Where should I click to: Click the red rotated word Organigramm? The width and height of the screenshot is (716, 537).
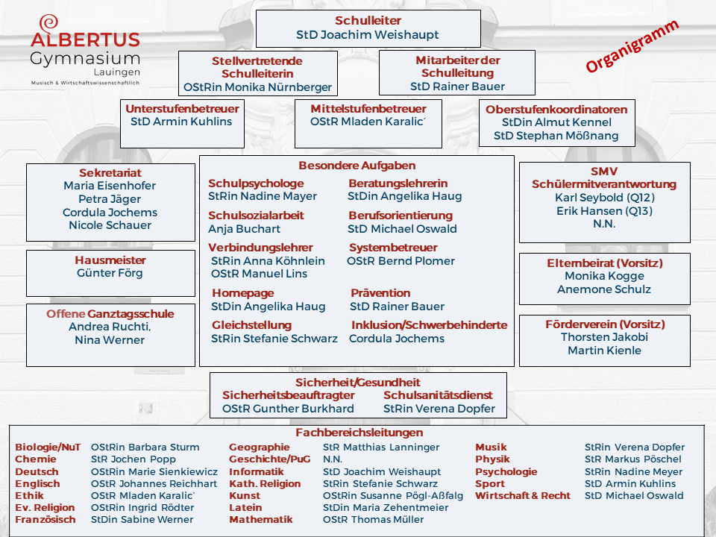632,46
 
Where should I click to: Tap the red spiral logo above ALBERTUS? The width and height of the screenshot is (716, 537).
49,22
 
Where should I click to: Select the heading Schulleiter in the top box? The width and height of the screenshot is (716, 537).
368,21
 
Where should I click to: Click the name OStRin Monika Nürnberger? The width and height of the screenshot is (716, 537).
257,87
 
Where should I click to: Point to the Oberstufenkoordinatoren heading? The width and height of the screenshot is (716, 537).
556,110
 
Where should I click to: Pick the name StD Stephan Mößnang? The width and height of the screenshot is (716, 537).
556,136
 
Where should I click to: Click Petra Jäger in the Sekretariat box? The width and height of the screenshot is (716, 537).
110,199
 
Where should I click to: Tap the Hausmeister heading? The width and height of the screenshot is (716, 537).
110,260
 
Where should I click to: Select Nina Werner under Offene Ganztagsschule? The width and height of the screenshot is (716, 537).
110,340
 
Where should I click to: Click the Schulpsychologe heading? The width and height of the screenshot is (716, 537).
256,183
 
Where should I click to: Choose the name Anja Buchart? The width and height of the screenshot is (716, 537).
245,229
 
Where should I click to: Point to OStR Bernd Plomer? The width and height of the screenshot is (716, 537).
401,261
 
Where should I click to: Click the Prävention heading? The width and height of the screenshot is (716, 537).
380,293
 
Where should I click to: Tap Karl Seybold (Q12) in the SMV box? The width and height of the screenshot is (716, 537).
604,198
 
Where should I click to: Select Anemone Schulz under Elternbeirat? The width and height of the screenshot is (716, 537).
604,289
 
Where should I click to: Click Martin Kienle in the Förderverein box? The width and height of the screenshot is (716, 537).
604,351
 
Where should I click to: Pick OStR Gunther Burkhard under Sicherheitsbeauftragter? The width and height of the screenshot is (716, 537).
288,409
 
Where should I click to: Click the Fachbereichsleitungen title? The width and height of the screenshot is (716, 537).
359,433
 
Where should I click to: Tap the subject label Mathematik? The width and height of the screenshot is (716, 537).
261,520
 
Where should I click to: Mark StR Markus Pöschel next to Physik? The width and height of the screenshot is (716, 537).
633,459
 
